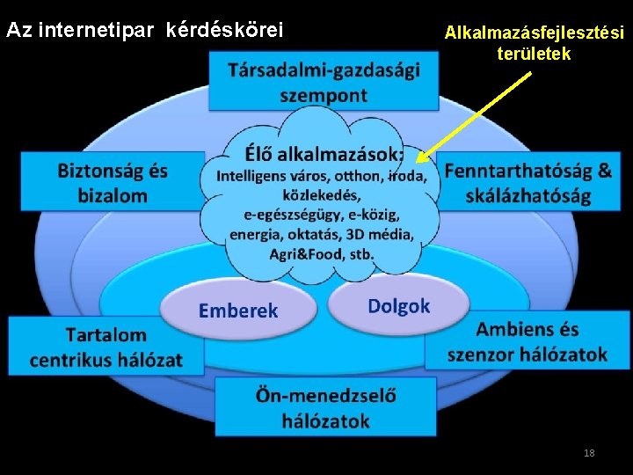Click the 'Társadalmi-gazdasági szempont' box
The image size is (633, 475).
pyautogui.click(x=324, y=81)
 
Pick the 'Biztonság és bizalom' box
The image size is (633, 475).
pyautogui.click(x=113, y=182)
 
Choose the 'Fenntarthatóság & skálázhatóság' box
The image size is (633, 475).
pyautogui.click(x=528, y=182)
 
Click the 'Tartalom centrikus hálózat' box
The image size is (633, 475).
pyautogui.click(x=106, y=347)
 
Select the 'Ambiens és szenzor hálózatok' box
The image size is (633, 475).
pyautogui.click(x=527, y=341)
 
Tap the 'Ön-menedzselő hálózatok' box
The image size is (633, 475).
pyautogui.click(x=325, y=408)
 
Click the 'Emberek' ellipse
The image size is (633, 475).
pyautogui.click(x=237, y=310)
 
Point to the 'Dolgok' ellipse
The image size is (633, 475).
pyautogui.click(x=398, y=305)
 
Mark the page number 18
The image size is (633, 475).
pyautogui.click(x=589, y=452)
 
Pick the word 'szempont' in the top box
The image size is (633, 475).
pyautogui.click(x=324, y=95)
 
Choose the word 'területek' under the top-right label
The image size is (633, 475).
pyautogui.click(x=534, y=55)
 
